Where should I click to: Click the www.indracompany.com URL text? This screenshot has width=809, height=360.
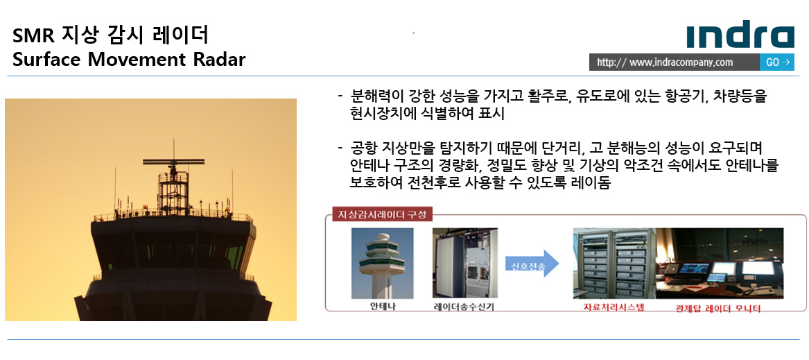(665, 62)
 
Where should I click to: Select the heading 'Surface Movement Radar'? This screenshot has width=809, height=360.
(128, 60)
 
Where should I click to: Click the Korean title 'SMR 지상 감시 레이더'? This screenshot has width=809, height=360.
(110, 35)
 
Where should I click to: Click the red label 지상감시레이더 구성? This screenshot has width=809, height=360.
(381, 214)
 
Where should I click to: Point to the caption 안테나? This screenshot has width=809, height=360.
(383, 306)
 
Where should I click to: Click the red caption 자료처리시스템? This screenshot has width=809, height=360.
(614, 307)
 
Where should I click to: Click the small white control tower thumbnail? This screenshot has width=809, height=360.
(382, 264)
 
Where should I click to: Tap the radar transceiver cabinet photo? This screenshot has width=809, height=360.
(465, 264)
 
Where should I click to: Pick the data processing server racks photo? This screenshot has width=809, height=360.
(614, 264)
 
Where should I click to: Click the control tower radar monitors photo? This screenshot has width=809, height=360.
(719, 264)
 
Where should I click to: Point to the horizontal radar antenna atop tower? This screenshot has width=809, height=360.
(173, 162)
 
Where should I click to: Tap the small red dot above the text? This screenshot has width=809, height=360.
(413, 33)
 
